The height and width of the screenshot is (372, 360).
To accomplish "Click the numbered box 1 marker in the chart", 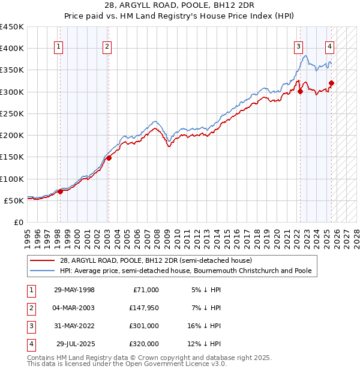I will [59, 47].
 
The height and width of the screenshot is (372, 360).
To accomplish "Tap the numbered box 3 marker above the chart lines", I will [298, 47].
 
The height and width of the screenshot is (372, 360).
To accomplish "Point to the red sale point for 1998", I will [60, 191].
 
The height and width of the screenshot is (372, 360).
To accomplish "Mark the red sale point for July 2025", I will [331, 83].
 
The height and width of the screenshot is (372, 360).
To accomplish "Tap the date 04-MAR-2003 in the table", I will [74, 308].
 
